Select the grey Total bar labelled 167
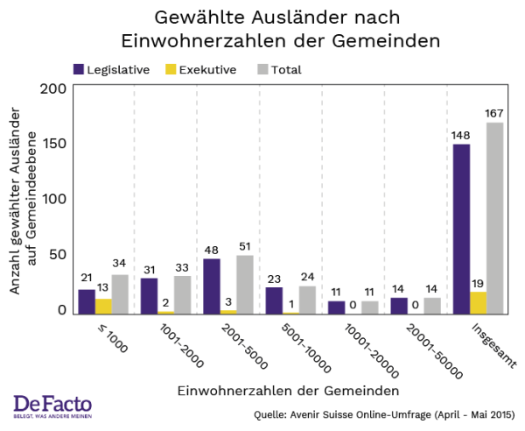495,218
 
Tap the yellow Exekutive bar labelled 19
478,302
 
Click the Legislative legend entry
111,69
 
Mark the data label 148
461,136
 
